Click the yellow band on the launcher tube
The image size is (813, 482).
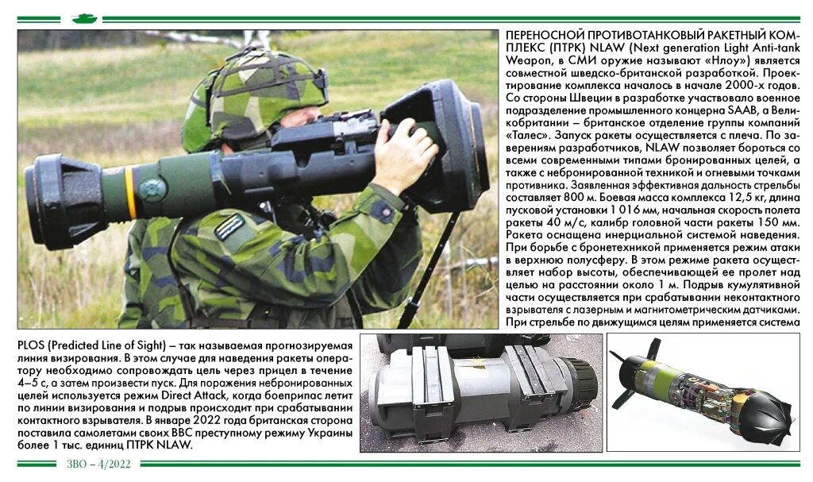[x=129, y=193]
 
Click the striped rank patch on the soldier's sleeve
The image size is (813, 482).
[x=230, y=226]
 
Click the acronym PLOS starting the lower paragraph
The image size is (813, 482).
[x=31, y=345]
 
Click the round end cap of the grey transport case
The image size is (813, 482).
[x=579, y=380]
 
